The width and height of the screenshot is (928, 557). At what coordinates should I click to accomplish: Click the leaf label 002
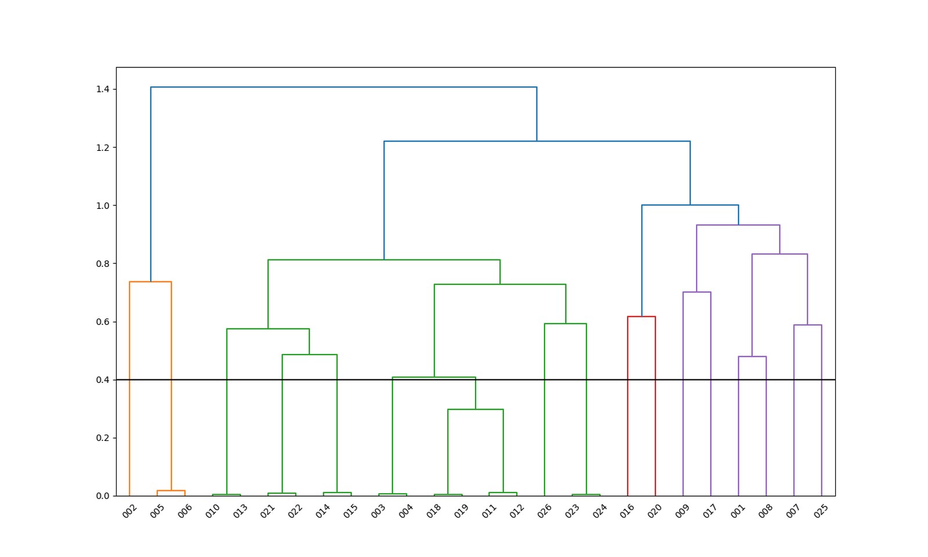(x=129, y=511)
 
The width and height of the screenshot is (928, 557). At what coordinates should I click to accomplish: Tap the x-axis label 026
(x=545, y=511)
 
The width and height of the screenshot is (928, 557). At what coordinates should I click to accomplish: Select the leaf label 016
(x=628, y=511)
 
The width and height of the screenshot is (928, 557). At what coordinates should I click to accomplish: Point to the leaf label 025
(x=821, y=511)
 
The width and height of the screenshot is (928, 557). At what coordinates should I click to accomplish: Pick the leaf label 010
(x=213, y=511)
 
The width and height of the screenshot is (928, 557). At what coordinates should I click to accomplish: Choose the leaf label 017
(x=710, y=511)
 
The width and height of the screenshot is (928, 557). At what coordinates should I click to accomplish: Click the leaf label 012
(x=517, y=511)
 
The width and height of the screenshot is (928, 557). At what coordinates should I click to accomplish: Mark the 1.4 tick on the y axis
(x=103, y=89)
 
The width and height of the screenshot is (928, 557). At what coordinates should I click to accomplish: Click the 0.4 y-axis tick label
(x=103, y=380)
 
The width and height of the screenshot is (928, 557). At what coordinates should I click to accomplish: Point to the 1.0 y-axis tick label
(x=103, y=205)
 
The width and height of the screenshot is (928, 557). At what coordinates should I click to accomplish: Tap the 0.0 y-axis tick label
(x=103, y=496)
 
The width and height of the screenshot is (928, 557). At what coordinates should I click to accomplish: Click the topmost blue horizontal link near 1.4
(x=343, y=87)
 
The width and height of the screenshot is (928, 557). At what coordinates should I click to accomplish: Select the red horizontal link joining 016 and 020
(x=641, y=317)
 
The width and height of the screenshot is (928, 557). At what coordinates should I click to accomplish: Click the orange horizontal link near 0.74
(x=150, y=282)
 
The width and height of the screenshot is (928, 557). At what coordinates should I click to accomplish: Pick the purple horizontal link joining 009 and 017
(x=697, y=292)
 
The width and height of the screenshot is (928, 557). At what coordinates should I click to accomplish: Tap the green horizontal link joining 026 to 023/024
(x=565, y=324)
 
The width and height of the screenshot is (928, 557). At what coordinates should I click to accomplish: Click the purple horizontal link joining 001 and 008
(x=752, y=357)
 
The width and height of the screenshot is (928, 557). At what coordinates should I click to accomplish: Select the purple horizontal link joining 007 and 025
(x=807, y=325)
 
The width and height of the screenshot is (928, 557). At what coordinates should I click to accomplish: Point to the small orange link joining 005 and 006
(x=171, y=491)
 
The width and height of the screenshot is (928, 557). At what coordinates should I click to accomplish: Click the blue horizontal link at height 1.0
(x=690, y=205)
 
